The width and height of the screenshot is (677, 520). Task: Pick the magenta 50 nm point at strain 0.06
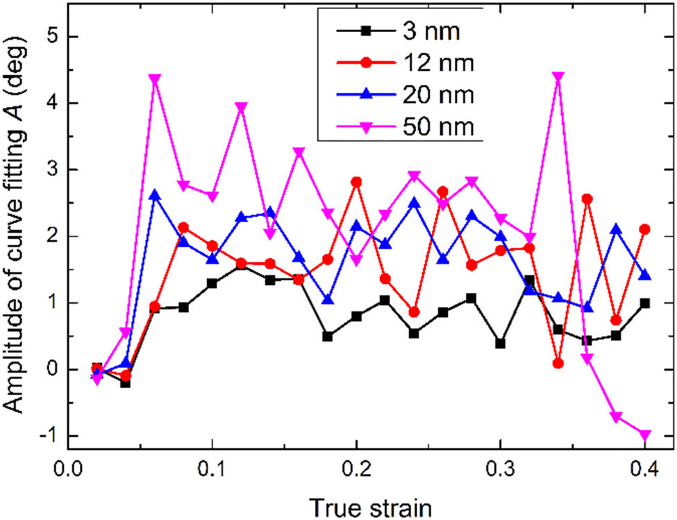click(x=155, y=79)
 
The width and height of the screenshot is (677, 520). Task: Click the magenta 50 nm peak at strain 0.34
click(x=558, y=76)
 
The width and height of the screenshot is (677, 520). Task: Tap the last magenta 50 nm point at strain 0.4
click(x=644, y=435)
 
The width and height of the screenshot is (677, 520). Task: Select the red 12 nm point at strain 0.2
click(x=356, y=182)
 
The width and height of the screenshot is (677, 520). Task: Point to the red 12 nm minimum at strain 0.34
click(x=558, y=363)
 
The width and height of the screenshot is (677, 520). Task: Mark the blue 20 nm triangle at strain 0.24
click(x=414, y=203)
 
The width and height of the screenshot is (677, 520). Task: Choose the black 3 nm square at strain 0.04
click(x=126, y=382)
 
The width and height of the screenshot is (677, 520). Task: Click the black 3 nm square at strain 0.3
click(x=500, y=343)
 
